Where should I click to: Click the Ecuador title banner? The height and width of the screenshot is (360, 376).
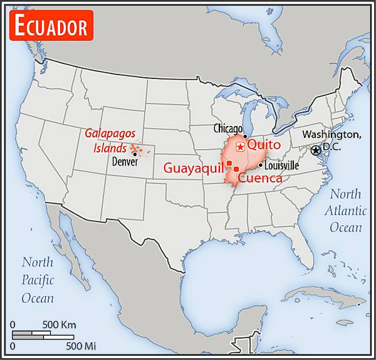click(x=51, y=26)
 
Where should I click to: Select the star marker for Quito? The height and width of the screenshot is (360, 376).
click(x=240, y=147)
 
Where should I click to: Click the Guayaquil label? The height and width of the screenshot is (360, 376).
click(x=194, y=167)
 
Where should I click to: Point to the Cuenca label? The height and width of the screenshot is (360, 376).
click(x=260, y=178)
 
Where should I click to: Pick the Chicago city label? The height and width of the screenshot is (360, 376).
click(x=227, y=128)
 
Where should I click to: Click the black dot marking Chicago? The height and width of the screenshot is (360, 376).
click(x=245, y=136)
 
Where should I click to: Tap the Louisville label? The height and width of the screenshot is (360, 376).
click(x=281, y=166)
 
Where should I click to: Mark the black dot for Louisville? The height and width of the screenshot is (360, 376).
click(x=261, y=166)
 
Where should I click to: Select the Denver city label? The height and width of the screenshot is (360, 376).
click(x=125, y=161)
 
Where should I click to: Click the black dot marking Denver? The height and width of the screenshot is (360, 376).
click(x=134, y=154)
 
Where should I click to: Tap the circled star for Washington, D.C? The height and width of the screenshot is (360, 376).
click(x=316, y=151)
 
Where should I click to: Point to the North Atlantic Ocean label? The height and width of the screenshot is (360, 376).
click(x=345, y=210)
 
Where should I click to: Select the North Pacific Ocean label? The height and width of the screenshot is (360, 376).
click(x=38, y=280)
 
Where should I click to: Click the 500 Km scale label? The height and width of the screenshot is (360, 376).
click(x=59, y=324)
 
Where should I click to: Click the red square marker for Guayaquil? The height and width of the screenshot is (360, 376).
click(x=229, y=164)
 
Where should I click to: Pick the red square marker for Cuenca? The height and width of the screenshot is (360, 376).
click(x=236, y=169)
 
